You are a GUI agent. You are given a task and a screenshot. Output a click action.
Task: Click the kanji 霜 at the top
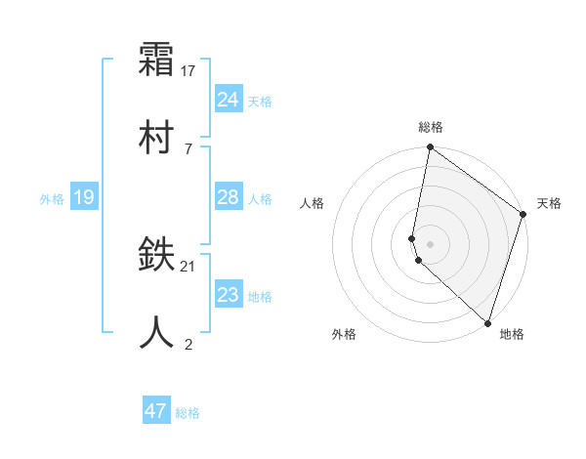[157, 60]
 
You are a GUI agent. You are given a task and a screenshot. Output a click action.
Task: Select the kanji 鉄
[157, 256]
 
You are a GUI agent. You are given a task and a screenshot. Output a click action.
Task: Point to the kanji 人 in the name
[157, 332]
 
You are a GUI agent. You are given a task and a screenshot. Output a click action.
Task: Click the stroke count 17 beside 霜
[188, 70]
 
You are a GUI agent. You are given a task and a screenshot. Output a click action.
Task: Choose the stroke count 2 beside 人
[188, 343]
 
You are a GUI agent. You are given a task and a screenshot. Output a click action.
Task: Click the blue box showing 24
[229, 99]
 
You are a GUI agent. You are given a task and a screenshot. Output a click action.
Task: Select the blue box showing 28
[229, 197]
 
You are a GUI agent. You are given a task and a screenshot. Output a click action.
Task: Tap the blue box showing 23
[229, 295]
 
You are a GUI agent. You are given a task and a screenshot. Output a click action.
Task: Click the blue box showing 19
[83, 197]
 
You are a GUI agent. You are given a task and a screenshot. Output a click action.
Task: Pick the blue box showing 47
[156, 411]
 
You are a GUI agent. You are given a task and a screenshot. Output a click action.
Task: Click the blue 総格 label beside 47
[188, 413]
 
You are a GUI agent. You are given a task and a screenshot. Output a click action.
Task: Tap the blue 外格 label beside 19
[52, 199]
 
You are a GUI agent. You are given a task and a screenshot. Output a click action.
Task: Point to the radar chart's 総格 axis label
[431, 127]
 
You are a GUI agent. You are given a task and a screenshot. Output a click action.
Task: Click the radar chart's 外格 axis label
[344, 334]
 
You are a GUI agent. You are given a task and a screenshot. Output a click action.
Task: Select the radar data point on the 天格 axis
[523, 216]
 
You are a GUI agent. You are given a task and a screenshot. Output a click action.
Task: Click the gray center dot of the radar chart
[430, 243]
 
